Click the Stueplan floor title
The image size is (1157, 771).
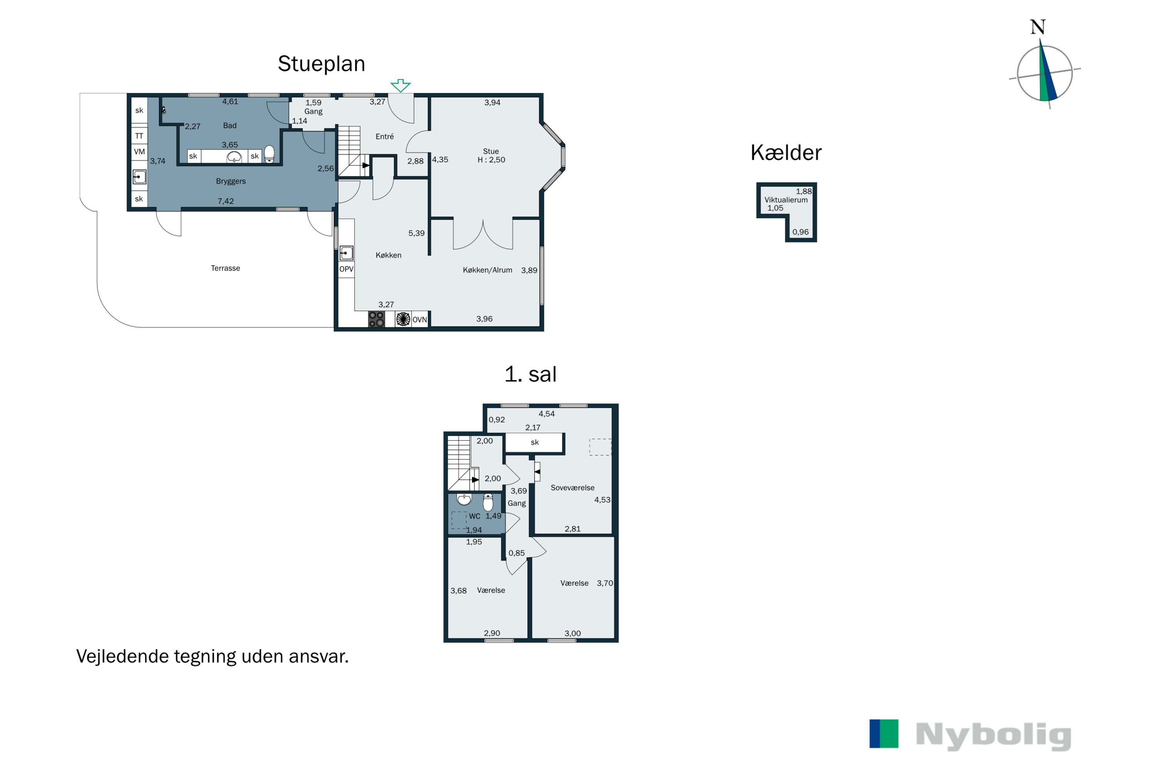pyautogui.click(x=321, y=64)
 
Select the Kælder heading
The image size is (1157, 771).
pyautogui.click(x=786, y=152)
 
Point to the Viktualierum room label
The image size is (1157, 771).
pyautogui.click(x=786, y=200)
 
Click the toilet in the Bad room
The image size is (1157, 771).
pyautogui.click(x=269, y=154)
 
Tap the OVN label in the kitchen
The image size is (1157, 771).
pyautogui.click(x=420, y=320)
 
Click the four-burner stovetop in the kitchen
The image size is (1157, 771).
pyautogui.click(x=376, y=319)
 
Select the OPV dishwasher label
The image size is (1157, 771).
pyautogui.click(x=346, y=269)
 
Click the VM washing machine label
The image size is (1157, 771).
pyautogui.click(x=139, y=152)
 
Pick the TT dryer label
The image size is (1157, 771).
pyautogui.click(x=139, y=136)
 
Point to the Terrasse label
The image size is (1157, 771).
pyautogui.click(x=225, y=268)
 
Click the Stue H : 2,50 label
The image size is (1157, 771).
pyautogui.click(x=491, y=155)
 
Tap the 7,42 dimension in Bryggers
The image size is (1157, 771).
pyautogui.click(x=226, y=201)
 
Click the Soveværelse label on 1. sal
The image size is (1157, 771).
pyautogui.click(x=573, y=488)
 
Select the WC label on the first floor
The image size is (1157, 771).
pyautogui.click(x=474, y=516)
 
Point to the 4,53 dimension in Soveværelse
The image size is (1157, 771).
pyautogui.click(x=602, y=500)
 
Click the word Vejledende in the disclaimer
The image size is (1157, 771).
pyautogui.click(x=122, y=657)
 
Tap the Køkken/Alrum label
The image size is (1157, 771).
pyautogui.click(x=487, y=270)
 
